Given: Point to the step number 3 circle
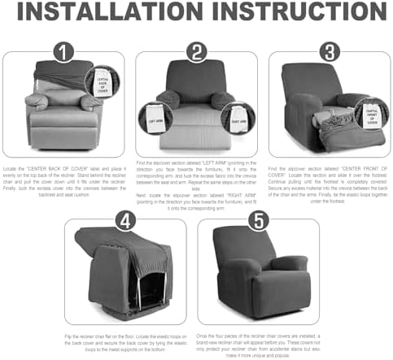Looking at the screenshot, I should pyautogui.click(x=328, y=52).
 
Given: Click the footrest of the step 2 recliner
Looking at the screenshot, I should pyautogui.click(x=195, y=134).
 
